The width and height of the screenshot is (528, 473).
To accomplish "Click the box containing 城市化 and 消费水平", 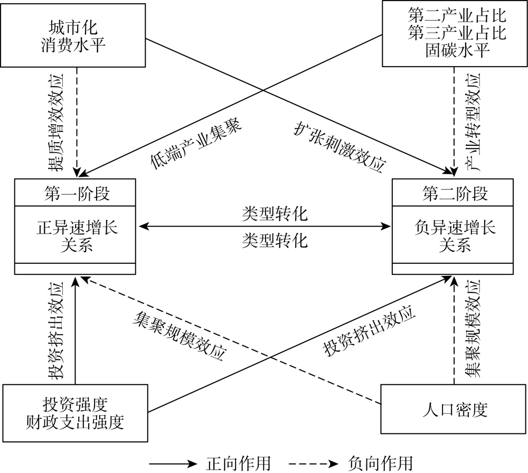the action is click(73, 35).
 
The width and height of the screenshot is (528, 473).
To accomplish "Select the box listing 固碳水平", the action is click(455, 33).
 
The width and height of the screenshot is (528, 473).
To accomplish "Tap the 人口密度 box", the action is click(454, 409).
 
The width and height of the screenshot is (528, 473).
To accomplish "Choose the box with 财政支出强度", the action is click(75, 413).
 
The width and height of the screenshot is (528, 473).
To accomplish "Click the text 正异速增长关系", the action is click(77, 236).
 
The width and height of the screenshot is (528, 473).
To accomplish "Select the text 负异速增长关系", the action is click(455, 236).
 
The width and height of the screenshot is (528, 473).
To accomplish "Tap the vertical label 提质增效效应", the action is click(55, 123).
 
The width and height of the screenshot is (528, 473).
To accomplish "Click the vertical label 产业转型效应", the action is click(473, 122).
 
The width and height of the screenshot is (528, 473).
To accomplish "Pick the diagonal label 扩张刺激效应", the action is click(340, 146).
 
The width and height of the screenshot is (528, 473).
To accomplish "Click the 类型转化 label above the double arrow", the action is click(275, 214).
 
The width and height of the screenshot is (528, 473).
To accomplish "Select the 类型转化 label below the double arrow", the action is click(275, 240).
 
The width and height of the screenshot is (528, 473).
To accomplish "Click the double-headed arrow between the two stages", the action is click(265, 226).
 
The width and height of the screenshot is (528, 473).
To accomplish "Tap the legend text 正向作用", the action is click(239, 463).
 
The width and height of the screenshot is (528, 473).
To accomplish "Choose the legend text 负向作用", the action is click(381, 463).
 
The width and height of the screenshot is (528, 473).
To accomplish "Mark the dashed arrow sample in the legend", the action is click(313, 464).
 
